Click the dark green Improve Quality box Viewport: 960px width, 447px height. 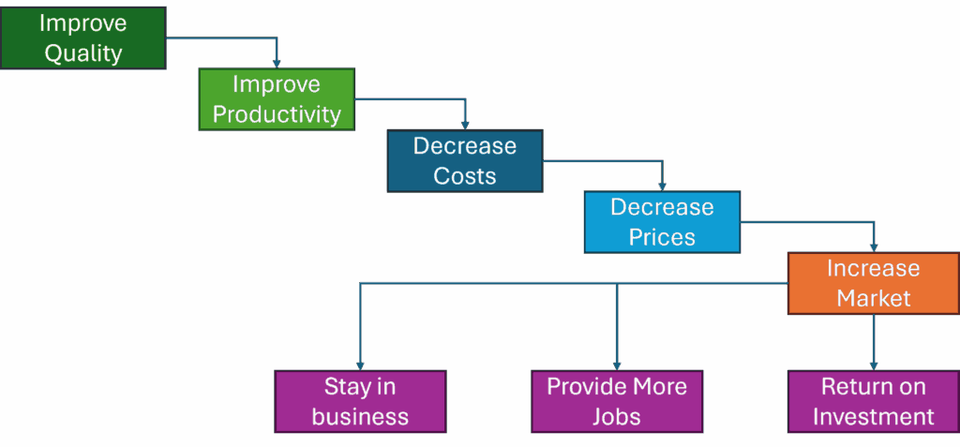(x=82, y=37)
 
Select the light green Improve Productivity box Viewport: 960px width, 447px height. (x=277, y=98)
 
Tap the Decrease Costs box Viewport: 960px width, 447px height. (x=465, y=160)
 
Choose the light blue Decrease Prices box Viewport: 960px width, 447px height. (x=662, y=222)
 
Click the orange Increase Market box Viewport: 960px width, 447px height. (x=874, y=283)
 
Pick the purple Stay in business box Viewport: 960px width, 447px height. (x=360, y=401)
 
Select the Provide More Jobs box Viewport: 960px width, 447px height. (x=617, y=401)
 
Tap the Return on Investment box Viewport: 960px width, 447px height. (x=873, y=401)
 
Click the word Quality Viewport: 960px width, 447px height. (x=83, y=52)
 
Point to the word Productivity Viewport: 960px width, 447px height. (x=277, y=114)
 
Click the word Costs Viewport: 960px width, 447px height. (x=465, y=176)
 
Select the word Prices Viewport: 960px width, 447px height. (x=662, y=237)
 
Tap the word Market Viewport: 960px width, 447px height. (x=874, y=299)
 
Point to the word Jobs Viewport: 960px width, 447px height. (x=617, y=416)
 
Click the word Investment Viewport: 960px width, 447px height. (x=874, y=416)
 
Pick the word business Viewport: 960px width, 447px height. (x=360, y=416)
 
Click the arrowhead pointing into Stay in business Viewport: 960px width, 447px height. (x=360, y=365)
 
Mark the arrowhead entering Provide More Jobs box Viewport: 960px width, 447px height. (x=617, y=365)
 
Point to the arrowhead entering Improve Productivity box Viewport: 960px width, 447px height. (x=277, y=64)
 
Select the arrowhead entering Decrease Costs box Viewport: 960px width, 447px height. (x=465, y=126)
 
